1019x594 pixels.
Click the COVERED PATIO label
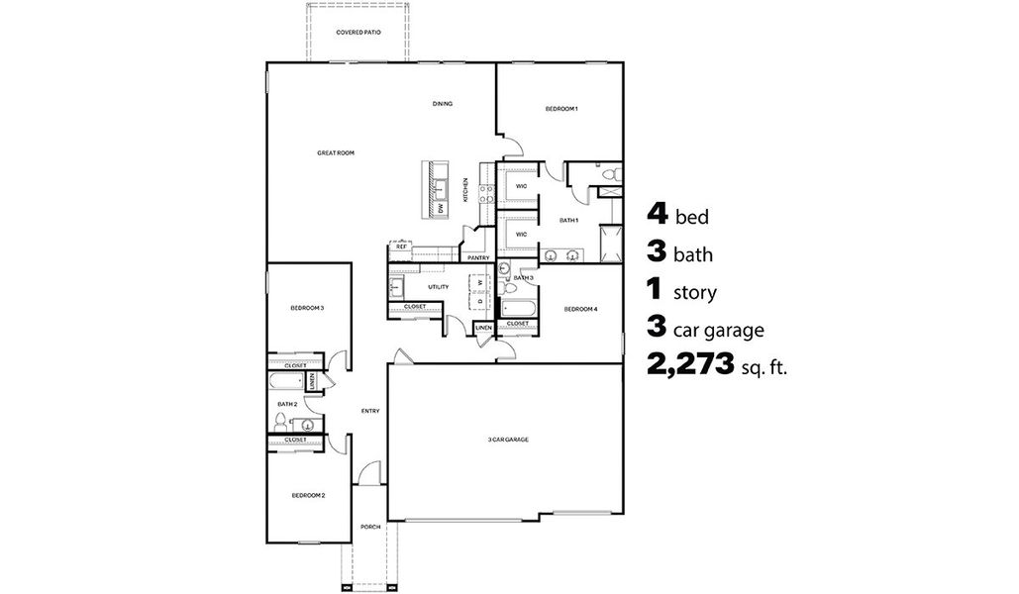[358, 33]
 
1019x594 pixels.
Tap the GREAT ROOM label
[336, 153]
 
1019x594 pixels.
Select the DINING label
[443, 103]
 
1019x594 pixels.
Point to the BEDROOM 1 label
[561, 108]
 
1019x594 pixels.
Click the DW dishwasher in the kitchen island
[441, 208]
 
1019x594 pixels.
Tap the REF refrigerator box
[401, 247]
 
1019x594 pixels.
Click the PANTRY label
[479, 257]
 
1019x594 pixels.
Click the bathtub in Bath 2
[287, 381]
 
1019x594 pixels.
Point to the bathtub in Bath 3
[520, 307]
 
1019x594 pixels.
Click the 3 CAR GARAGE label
[507, 439]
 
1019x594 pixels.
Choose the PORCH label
[370, 527]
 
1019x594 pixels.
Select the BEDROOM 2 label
[308, 495]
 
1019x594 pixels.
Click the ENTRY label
[370, 411]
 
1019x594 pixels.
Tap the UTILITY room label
[439, 287]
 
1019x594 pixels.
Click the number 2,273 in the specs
[690, 363]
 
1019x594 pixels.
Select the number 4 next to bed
[657, 214]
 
